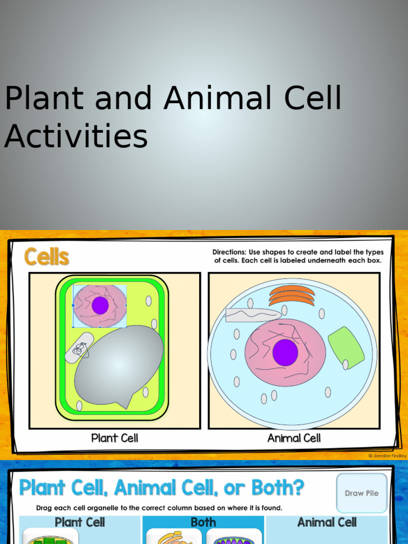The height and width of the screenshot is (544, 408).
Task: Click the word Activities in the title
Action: tap(76, 136)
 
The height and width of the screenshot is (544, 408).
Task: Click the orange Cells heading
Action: tap(47, 257)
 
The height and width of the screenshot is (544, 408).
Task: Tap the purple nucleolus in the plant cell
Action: tap(100, 305)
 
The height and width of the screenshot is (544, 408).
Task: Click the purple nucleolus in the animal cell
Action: tap(285, 353)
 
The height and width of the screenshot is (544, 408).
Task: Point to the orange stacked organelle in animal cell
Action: tap(292, 295)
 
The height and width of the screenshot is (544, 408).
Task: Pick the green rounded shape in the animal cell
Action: tap(346, 347)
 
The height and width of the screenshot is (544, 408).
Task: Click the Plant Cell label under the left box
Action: tap(115, 438)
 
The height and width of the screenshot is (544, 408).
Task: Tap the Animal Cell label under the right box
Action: tap(294, 438)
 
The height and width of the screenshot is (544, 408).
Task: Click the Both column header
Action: tap(203, 522)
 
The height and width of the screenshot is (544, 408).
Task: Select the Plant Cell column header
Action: tap(80, 522)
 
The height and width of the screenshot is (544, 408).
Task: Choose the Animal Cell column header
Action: tap(327, 522)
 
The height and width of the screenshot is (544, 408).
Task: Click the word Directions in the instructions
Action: tap(229, 252)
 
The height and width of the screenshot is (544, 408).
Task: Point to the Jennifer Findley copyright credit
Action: tap(387, 456)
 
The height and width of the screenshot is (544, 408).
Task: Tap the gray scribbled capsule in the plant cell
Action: tap(79, 348)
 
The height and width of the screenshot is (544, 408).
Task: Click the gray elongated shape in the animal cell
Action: tap(253, 315)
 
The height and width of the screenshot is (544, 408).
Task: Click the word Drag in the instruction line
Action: tap(45, 508)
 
